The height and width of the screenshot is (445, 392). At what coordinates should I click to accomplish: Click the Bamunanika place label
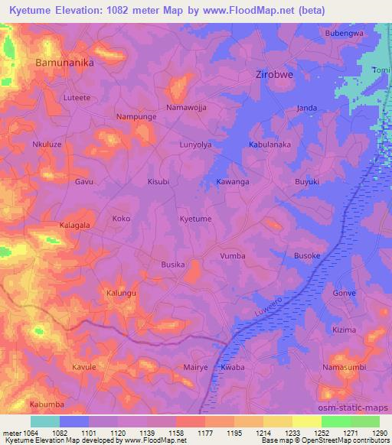(x=64, y=63)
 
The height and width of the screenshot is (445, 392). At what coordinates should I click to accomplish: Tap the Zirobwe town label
(x=274, y=75)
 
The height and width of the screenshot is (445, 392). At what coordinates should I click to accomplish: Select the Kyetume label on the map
(x=195, y=219)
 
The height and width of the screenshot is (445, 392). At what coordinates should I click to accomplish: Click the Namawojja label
(x=187, y=108)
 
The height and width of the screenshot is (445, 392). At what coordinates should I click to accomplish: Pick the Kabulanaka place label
(x=270, y=144)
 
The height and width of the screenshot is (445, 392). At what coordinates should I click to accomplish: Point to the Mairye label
(x=196, y=368)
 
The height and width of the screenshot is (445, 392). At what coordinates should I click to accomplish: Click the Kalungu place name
(x=121, y=294)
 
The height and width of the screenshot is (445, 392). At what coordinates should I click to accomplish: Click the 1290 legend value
(x=378, y=433)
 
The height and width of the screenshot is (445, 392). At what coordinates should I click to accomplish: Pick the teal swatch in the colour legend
(x=45, y=421)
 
